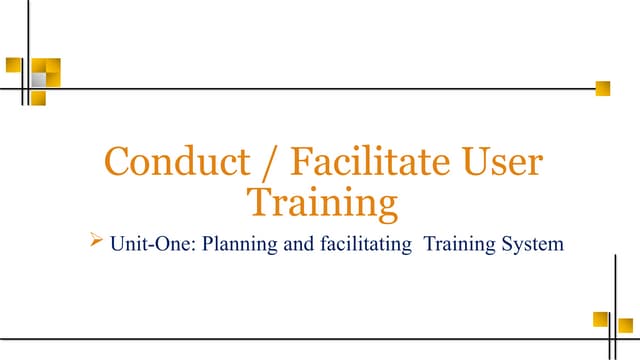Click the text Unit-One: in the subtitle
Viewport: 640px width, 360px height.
[155, 243]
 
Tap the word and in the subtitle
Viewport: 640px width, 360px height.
[292, 243]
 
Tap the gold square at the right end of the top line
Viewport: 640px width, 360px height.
[602, 88]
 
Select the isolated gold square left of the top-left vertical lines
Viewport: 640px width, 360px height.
[13, 64]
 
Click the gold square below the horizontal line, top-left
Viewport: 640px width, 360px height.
[37, 98]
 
